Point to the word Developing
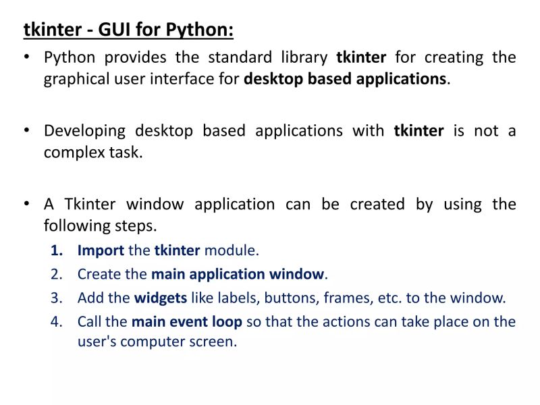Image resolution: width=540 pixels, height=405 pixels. click(84, 130)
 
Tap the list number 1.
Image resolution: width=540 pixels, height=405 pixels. click(57, 250)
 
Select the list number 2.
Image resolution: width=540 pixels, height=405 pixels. click(57, 274)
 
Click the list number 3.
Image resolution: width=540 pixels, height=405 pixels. click(57, 298)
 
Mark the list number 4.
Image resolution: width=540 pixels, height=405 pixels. click(57, 321)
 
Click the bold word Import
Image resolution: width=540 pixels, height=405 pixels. click(101, 250)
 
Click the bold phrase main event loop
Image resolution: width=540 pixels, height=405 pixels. click(186, 321)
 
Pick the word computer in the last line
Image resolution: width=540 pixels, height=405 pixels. click(150, 342)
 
